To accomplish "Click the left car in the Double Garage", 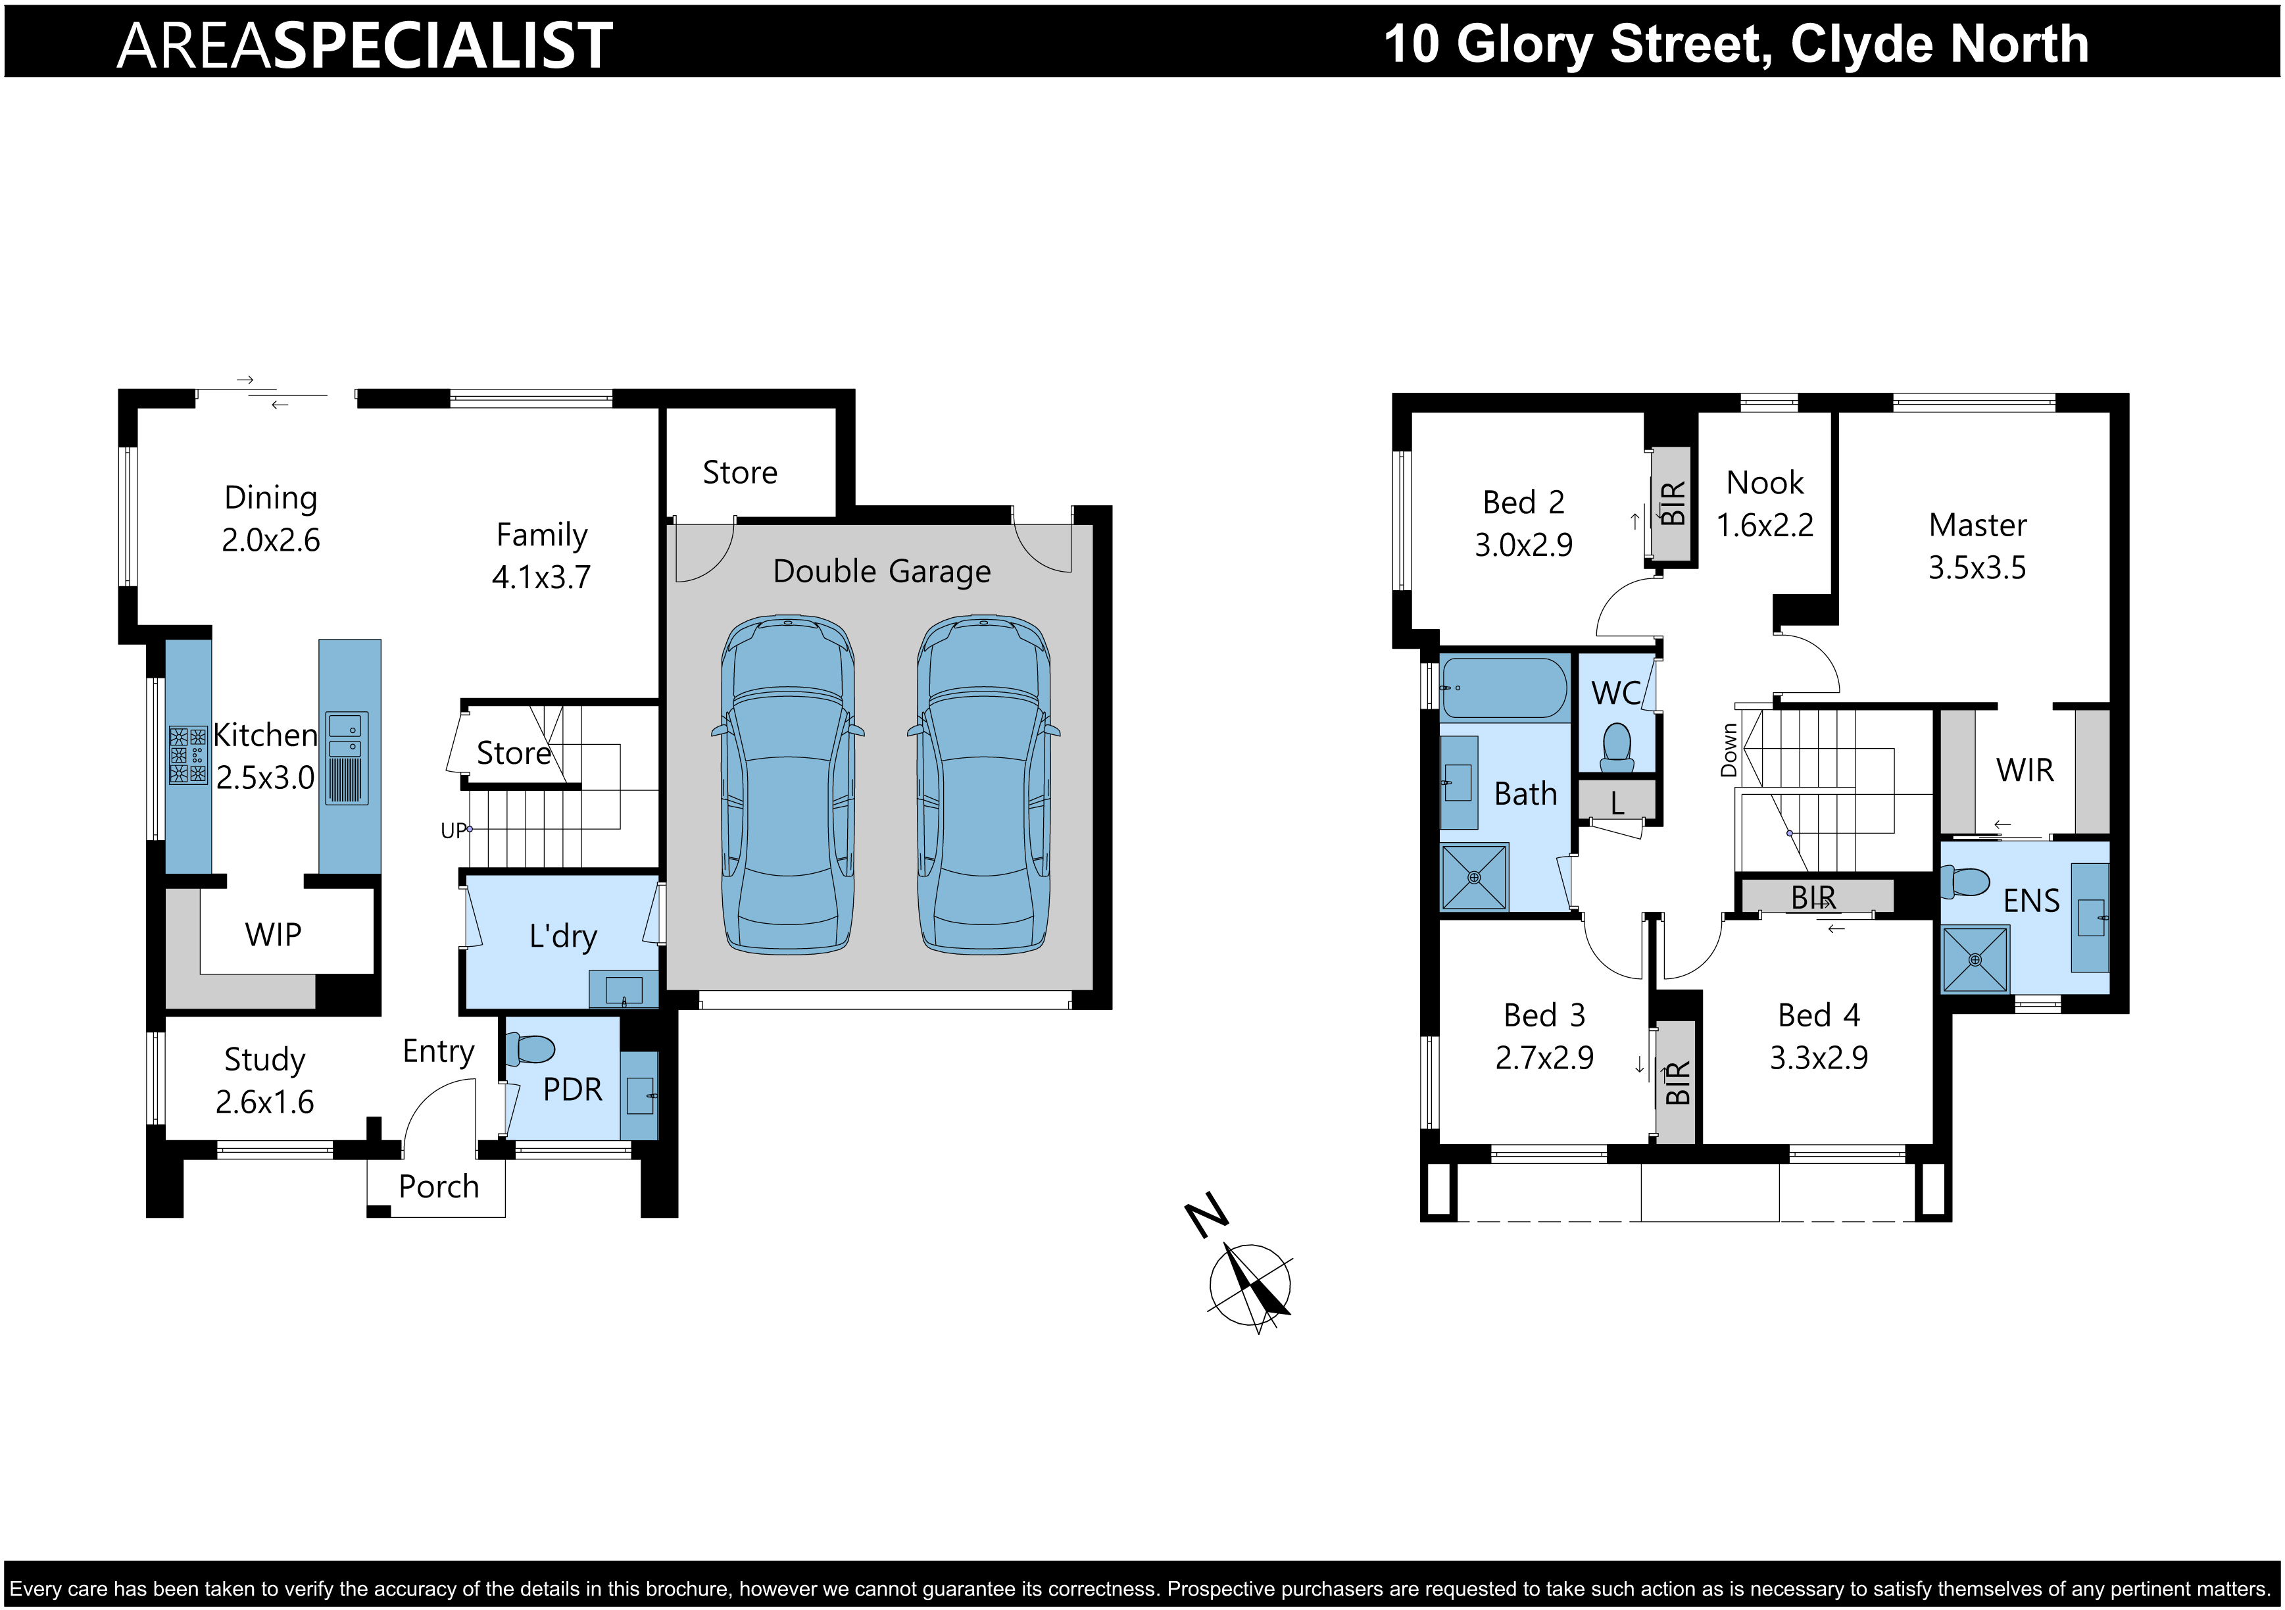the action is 787,784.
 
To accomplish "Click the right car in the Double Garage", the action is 983,784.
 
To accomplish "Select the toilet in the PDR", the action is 529,1049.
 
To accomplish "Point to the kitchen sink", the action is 347,758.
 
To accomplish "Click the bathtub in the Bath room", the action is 1504,687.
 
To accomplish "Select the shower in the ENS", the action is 1975,959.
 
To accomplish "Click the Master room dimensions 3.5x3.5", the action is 1977,568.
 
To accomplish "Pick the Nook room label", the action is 1765,483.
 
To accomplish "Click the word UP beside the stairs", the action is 453,830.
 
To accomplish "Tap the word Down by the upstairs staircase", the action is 1729,750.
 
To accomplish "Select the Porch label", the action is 439,1187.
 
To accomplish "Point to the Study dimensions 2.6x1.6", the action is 264,1102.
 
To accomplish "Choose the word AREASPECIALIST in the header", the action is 364,46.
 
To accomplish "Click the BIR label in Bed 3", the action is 1677,1083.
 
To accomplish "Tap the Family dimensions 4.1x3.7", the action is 541,578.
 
